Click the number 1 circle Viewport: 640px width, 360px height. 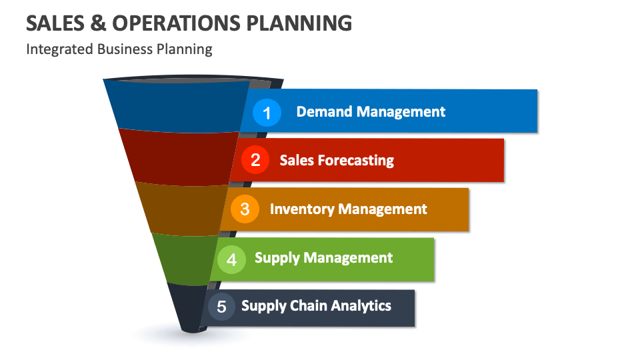coord(267,113)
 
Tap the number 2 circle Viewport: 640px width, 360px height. coord(255,160)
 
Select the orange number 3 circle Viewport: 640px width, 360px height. coord(245,209)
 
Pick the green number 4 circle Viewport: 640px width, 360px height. coord(231,259)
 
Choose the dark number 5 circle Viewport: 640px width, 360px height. coord(221,307)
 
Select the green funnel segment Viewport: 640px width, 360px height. coord(184,257)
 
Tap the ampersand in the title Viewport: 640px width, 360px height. coord(95,23)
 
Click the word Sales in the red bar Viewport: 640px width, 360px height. coord(296,161)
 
